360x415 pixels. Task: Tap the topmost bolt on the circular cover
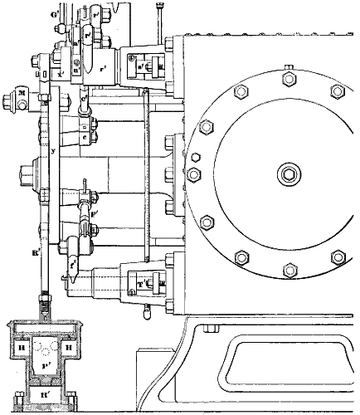pos(289,79)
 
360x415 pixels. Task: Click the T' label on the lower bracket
pos(141,284)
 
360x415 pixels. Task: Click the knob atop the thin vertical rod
pos(155,7)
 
